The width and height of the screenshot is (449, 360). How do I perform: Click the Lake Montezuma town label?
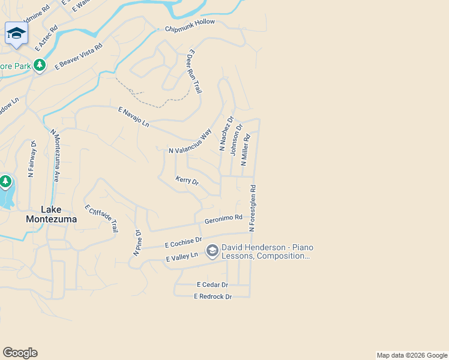pos(51,214)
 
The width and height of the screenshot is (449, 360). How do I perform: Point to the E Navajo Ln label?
pos(133,116)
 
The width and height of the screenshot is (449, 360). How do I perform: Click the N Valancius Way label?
pos(190,142)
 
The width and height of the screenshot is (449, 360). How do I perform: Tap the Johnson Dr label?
pos(236,139)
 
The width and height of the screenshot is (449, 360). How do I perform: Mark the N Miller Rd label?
pos(246,149)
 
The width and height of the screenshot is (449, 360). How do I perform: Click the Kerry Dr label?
pos(187,180)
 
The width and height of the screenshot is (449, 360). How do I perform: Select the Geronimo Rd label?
pos(223,220)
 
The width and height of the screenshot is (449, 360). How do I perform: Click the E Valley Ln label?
pos(181,257)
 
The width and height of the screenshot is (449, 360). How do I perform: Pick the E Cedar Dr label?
pos(212,284)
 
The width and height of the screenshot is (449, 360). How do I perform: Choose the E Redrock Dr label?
pos(212,296)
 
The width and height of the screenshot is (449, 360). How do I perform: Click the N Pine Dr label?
pos(137,244)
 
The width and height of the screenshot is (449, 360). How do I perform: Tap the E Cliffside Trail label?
pos(101,218)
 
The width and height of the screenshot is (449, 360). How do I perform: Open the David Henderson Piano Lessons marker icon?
pos(212,251)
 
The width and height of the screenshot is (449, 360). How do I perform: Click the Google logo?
pos(20,353)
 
